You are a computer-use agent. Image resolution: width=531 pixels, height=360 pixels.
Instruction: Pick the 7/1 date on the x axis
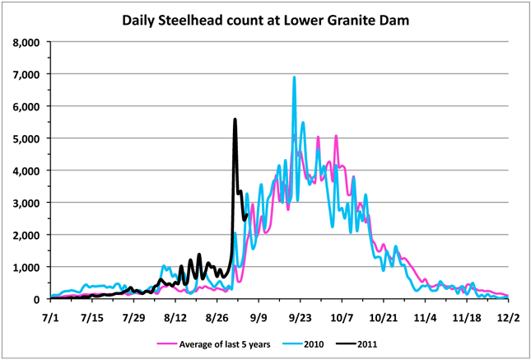(x=49, y=316)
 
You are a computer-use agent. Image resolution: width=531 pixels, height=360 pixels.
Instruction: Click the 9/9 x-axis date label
(x=259, y=316)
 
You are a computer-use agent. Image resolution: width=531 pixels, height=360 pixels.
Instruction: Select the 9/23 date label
(x=300, y=316)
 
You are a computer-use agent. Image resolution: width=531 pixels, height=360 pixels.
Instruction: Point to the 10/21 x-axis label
(x=384, y=316)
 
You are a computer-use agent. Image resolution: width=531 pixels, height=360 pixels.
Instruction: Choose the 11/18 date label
(x=467, y=316)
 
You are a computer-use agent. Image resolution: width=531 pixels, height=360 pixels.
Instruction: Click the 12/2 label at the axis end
(x=508, y=316)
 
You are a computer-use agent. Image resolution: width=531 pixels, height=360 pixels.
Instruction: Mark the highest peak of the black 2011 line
(x=235, y=119)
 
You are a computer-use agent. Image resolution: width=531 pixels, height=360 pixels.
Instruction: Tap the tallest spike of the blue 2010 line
(x=294, y=77)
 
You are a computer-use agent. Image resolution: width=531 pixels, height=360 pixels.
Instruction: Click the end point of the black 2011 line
(x=246, y=215)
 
